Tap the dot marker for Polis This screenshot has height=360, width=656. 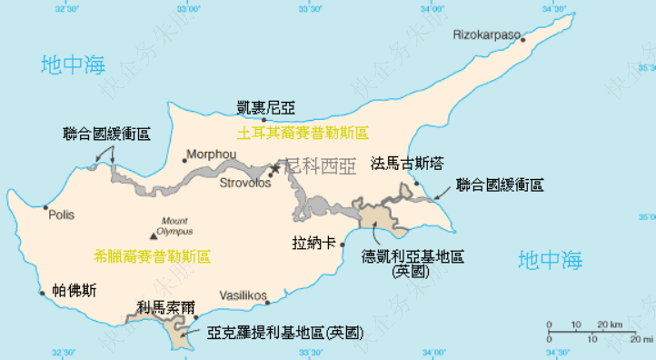46,207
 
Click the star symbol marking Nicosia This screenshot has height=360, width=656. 274,169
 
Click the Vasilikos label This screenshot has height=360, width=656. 242,296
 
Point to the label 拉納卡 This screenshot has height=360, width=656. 313,244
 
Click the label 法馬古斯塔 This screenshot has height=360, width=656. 407,164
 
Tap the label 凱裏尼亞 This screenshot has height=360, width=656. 265,107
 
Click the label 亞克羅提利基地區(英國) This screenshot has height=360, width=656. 284,333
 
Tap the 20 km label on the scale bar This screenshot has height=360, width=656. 610,325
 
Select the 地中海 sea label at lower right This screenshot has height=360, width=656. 550,260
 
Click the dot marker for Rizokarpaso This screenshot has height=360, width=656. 523,38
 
